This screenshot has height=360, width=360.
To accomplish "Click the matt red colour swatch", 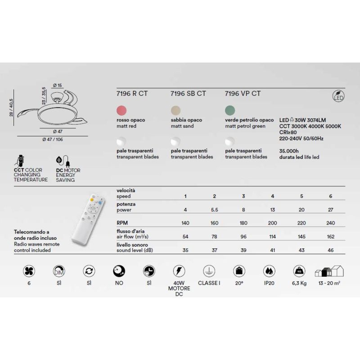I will click(x=121, y=110).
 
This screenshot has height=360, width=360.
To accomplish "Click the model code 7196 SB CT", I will click(x=188, y=94).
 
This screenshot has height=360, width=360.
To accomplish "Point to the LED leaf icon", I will click(x=338, y=95).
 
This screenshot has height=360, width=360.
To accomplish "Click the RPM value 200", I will click(x=273, y=222).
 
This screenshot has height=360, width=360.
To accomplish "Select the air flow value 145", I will click(x=301, y=236).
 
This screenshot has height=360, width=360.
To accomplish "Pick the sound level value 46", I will click(x=331, y=250).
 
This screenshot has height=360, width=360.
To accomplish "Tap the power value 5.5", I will click(x=214, y=210).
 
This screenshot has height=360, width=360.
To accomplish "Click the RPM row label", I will click(x=121, y=222).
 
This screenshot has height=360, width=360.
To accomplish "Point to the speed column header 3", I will click(x=243, y=197).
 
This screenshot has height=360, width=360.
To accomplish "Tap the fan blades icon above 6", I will click(x=29, y=271).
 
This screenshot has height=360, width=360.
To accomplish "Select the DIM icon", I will click(x=59, y=271).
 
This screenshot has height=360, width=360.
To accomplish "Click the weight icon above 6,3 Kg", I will click(x=298, y=271).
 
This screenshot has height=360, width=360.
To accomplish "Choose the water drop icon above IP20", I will click(x=269, y=271).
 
